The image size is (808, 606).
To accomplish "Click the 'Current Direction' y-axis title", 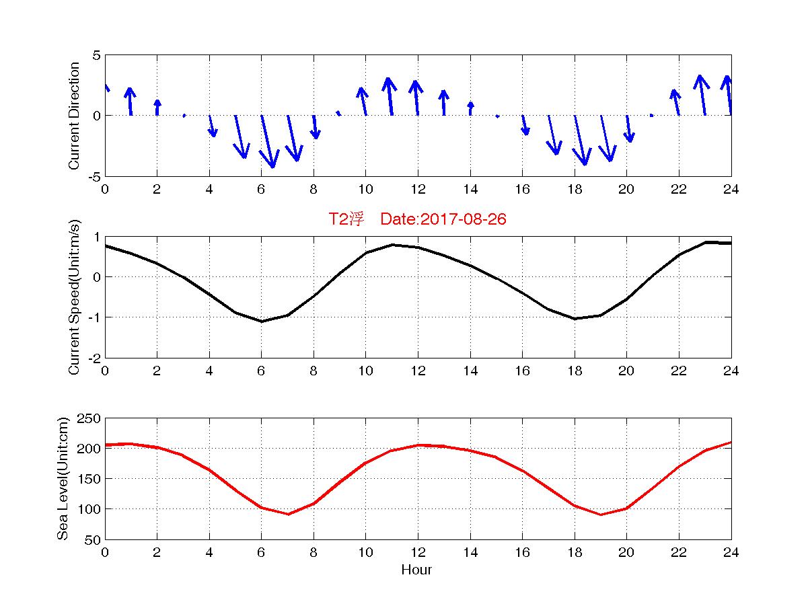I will point(75,116).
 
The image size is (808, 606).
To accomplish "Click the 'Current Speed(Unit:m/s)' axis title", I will point(75,297).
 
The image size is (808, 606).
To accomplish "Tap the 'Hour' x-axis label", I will point(416,570).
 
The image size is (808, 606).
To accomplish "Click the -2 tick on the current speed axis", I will point(95,358).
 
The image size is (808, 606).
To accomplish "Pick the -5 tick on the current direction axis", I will point(95,176).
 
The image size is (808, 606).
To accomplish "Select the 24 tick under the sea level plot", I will point(731,552).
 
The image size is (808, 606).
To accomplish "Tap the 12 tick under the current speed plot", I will point(417,371).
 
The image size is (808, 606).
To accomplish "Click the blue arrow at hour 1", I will point(130,102).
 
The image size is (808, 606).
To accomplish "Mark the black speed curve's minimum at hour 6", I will point(262,321).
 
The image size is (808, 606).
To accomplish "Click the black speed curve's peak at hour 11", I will point(392,245).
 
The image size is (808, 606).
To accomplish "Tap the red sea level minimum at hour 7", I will point(288,515).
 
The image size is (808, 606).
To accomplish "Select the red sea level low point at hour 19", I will point(601,515).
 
